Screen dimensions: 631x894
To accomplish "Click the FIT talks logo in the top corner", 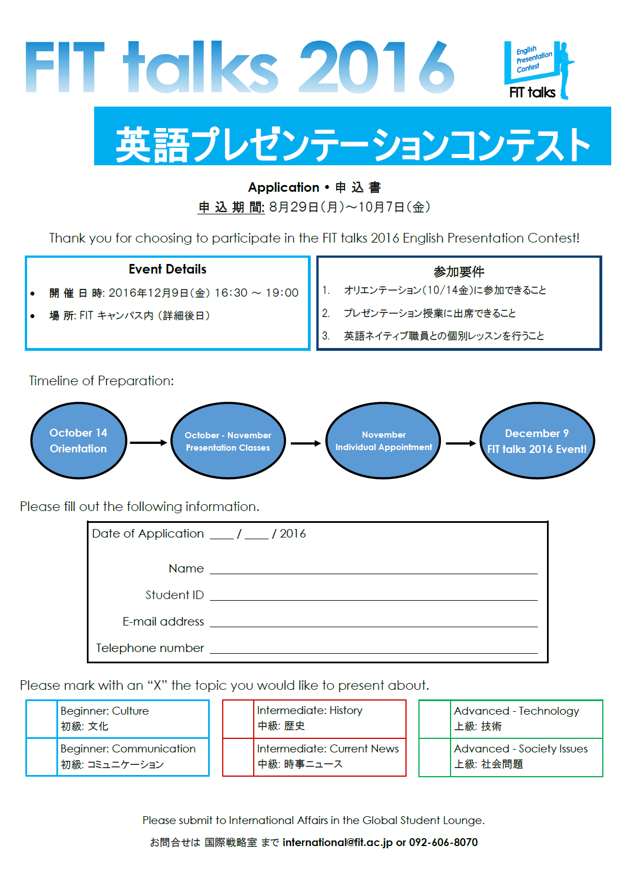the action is pyautogui.click(x=539, y=71).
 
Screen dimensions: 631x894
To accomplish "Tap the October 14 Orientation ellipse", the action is pyautogui.click(x=78, y=441).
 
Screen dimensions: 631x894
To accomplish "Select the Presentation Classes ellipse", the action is pyautogui.click(x=228, y=441).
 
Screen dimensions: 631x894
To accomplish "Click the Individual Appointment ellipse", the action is pyautogui.click(x=383, y=441).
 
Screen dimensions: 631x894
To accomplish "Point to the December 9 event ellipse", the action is pyautogui.click(x=537, y=441).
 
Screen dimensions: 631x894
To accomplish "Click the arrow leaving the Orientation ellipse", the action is pyautogui.click(x=148, y=443).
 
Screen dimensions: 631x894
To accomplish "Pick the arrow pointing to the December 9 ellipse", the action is pyautogui.click(x=461, y=443).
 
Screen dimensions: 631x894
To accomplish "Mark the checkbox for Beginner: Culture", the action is pyautogui.click(x=42, y=719).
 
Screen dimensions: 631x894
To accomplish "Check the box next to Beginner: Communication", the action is pyautogui.click(x=42, y=757).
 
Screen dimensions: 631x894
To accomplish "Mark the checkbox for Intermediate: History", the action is pyautogui.click(x=239, y=719).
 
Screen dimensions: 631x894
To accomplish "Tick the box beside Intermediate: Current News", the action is pyautogui.click(x=239, y=757).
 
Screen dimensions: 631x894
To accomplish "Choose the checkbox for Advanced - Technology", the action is pyautogui.click(x=435, y=719).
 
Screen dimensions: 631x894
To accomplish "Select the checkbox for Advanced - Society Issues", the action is pyautogui.click(x=435, y=757).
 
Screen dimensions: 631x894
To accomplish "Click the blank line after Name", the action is pyautogui.click(x=373, y=574).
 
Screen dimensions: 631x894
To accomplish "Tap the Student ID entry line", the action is pyautogui.click(x=373, y=600).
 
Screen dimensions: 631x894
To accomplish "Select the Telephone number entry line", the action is pyautogui.click(x=373, y=653).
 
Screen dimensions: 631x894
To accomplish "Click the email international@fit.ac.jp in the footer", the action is pyautogui.click(x=337, y=842).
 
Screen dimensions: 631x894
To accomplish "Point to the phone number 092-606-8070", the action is pyautogui.click(x=443, y=842).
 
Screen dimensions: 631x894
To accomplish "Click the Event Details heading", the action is pyautogui.click(x=167, y=270).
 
